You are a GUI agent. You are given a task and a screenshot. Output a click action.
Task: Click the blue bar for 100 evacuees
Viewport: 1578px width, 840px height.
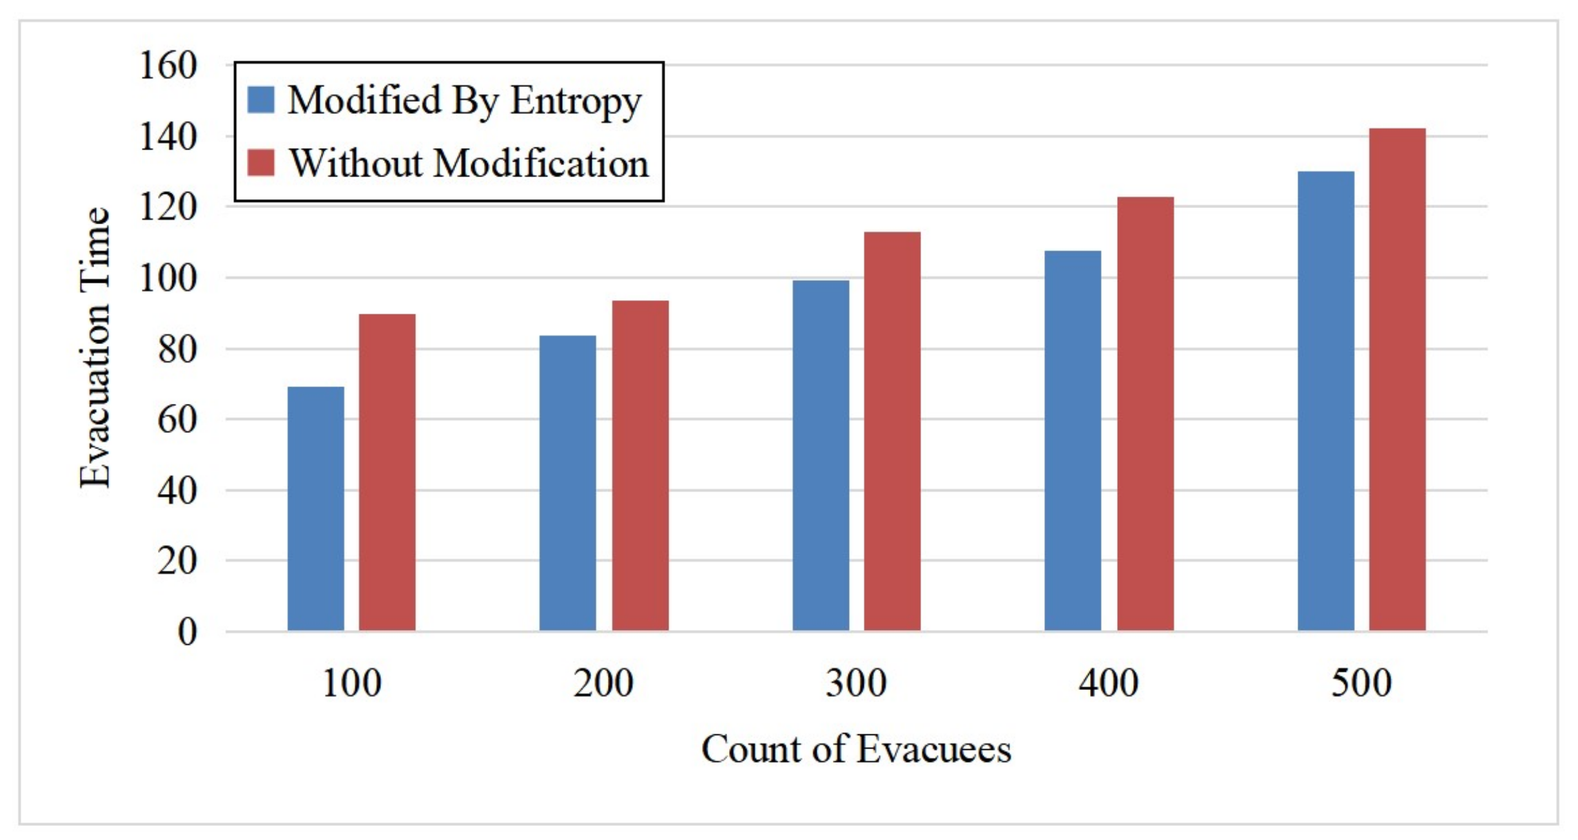point(316,509)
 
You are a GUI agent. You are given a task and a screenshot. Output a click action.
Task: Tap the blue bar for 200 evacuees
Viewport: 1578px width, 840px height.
point(568,483)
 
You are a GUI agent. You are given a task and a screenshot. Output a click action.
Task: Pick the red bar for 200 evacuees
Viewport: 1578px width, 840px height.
point(640,466)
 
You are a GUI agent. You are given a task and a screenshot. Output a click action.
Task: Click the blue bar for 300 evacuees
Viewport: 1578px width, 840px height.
point(821,455)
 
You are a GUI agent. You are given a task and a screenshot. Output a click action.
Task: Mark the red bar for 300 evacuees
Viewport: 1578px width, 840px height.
point(892,431)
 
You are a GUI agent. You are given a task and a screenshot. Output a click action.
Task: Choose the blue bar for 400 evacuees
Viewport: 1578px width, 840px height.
point(1073,441)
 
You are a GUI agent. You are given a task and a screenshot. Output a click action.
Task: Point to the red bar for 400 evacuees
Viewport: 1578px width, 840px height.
point(1145,414)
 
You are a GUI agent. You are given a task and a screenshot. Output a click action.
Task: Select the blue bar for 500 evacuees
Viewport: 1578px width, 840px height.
point(1326,401)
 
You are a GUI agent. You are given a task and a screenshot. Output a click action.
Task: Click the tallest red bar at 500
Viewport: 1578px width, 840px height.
point(1398,379)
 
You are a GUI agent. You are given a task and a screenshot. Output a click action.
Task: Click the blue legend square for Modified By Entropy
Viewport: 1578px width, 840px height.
point(261,100)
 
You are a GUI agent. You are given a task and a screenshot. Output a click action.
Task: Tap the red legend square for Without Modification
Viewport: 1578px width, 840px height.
point(261,162)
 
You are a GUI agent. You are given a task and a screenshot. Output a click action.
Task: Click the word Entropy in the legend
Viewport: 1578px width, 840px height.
point(576,101)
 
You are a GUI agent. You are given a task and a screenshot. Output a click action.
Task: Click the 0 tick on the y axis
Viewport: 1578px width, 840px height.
point(187,631)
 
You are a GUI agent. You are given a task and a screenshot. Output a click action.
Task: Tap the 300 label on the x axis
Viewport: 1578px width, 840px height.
point(856,683)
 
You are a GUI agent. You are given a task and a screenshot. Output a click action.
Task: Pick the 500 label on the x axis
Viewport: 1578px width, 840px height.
point(1361,683)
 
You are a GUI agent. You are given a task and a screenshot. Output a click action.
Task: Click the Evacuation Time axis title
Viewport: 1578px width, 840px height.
point(95,348)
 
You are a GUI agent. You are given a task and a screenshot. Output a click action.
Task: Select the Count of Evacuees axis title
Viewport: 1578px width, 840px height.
point(856,749)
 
